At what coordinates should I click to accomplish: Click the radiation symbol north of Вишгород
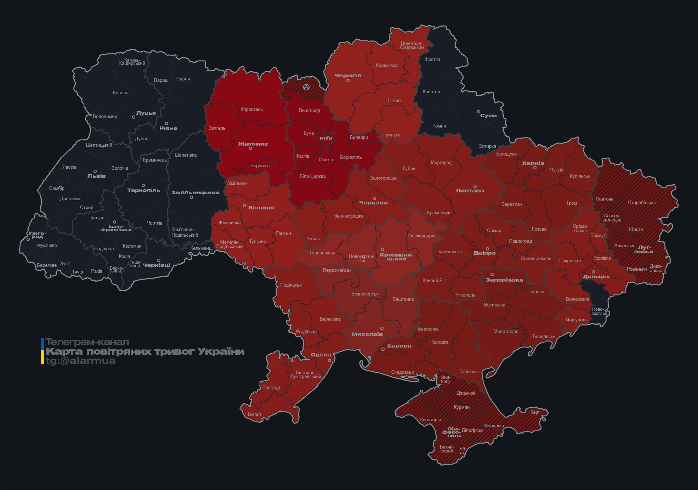tap(306, 87)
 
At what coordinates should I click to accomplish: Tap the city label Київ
tap(326, 138)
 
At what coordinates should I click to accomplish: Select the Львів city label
tap(96, 176)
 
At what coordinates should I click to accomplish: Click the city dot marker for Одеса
tap(329, 361)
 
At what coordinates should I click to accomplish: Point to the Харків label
tap(533, 163)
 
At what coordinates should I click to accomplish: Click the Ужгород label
tap(37, 235)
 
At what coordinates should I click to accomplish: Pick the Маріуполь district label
tap(576, 320)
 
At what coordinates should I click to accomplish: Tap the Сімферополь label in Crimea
tap(452, 432)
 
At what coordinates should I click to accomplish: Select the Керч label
tap(535, 412)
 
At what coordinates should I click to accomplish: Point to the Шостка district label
tap(432, 59)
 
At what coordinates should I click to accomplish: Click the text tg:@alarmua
tap(80, 361)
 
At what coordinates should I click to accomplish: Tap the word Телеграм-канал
tap(87, 342)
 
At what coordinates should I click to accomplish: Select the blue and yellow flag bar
tap(42, 351)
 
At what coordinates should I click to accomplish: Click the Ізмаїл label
tap(254, 415)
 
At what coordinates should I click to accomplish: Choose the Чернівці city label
tap(156, 265)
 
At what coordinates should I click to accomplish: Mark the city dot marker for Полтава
tap(475, 186)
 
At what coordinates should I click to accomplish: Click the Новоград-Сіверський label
tap(412, 45)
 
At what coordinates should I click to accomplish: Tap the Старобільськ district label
tap(642, 203)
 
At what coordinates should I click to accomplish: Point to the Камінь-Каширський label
tap(132, 62)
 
